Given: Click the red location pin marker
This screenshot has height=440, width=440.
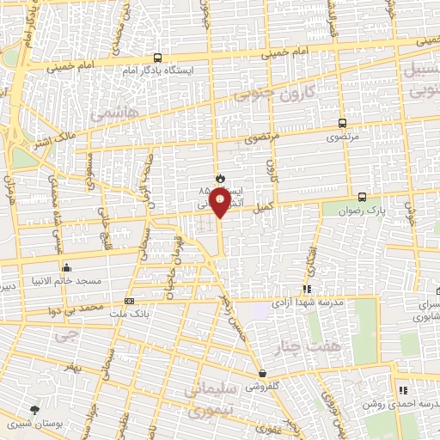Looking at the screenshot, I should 222,203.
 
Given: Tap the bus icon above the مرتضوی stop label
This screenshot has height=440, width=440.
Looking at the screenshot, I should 343,124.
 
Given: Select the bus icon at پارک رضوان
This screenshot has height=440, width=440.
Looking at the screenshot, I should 361,197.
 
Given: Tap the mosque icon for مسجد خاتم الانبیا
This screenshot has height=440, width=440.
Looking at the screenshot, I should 66,267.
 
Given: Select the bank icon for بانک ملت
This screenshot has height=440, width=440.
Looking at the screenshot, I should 129,301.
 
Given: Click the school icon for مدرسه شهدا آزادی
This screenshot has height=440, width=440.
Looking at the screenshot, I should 306,290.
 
